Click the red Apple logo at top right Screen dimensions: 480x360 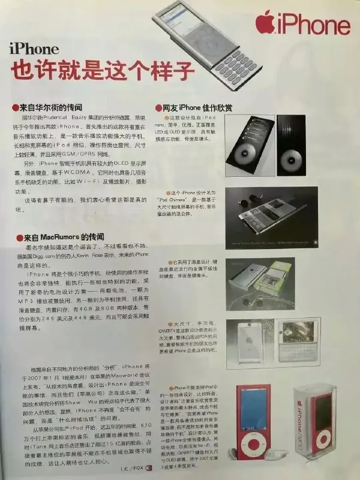[x=266, y=24]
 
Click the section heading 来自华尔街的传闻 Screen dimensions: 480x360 [x=53, y=107]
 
